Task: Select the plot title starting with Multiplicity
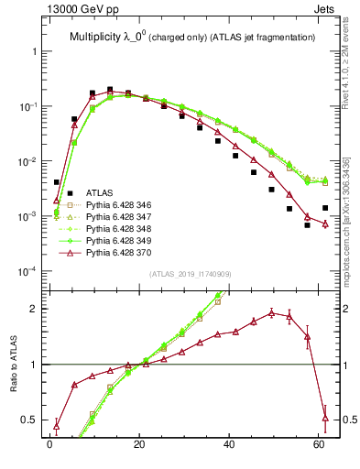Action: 187,37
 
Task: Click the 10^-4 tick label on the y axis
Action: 27,271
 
